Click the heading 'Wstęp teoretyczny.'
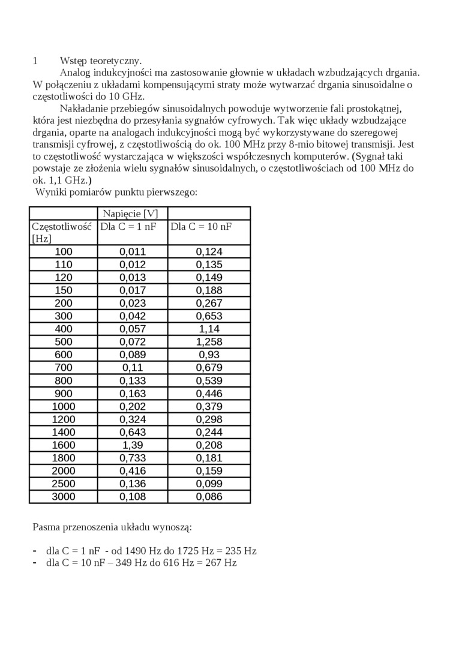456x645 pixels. (x=101, y=61)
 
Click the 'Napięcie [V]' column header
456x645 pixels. (x=130, y=214)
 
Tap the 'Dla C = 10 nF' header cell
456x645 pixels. (x=201, y=227)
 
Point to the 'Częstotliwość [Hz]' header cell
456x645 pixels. (x=62, y=232)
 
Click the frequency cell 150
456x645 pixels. (x=63, y=290)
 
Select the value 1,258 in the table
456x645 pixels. (x=209, y=342)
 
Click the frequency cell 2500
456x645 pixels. (x=63, y=484)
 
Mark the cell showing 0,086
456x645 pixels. (x=209, y=497)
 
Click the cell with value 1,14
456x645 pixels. (x=209, y=329)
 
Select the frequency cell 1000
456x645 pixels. (x=63, y=406)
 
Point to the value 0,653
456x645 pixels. (x=209, y=316)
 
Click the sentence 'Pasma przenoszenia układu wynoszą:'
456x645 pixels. (x=112, y=527)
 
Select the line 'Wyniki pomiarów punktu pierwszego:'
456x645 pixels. (x=116, y=193)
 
